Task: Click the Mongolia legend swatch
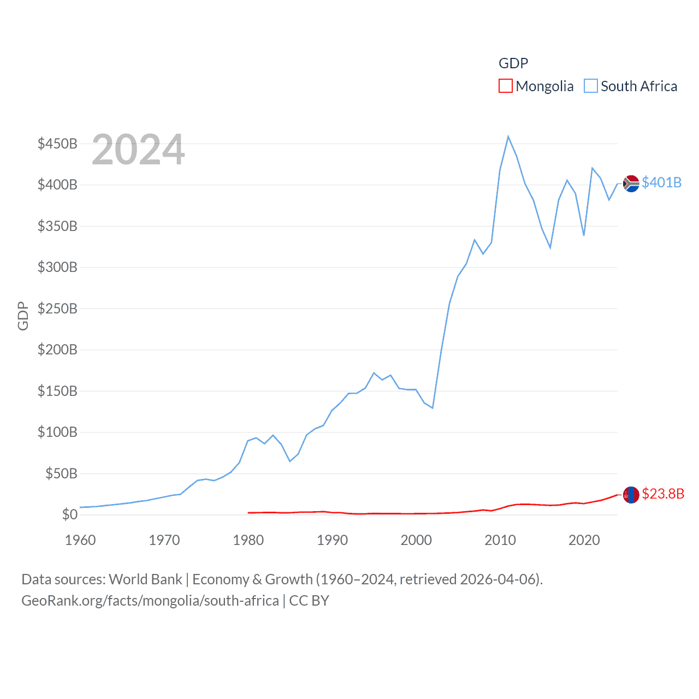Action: (506, 86)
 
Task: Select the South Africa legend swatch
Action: (591, 86)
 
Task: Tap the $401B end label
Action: (661, 182)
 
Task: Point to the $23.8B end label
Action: (663, 494)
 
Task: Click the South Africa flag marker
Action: (631, 183)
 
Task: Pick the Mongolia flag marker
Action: (631, 495)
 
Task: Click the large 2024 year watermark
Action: (138, 150)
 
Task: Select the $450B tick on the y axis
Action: (57, 144)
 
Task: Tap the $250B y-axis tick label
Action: (57, 309)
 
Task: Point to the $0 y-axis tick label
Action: (70, 514)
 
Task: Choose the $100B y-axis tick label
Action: (57, 432)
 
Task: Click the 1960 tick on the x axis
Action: (80, 540)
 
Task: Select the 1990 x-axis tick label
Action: (332, 540)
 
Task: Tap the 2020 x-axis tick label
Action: (584, 540)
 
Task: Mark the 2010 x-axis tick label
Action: (500, 540)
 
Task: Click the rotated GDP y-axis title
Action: (23, 316)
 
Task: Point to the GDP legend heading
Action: (513, 63)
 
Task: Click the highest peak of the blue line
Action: (508, 137)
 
